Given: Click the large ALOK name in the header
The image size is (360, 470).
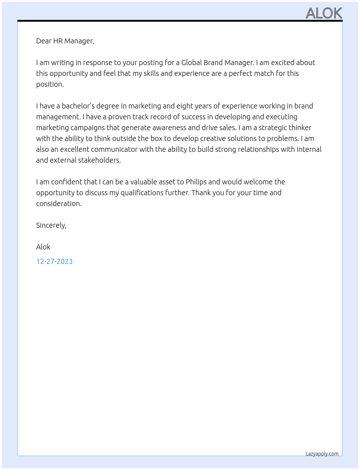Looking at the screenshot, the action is [x=324, y=13].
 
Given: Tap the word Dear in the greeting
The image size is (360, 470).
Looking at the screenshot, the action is [x=44, y=41].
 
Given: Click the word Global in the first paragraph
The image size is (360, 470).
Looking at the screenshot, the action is [x=192, y=63].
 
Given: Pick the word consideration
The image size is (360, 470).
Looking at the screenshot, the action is [x=59, y=204].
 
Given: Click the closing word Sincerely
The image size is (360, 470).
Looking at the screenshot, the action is [x=51, y=225].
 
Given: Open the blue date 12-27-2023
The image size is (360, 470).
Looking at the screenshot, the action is [x=54, y=261].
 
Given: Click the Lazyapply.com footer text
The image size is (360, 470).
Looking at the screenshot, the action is [x=322, y=454].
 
